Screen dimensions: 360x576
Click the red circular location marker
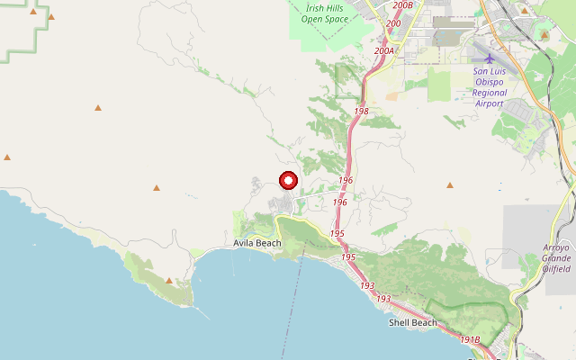click(288, 181)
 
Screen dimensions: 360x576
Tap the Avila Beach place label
click(253, 243)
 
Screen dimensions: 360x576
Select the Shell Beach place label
click(412, 322)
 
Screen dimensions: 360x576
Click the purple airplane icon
click(490, 58)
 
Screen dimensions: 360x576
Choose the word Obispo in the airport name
click(490, 81)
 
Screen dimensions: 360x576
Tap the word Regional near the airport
click(490, 92)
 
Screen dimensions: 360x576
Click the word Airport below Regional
click(490, 103)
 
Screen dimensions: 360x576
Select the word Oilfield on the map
click(557, 268)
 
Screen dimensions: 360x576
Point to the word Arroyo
click(557, 247)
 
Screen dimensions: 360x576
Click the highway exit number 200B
click(403, 5)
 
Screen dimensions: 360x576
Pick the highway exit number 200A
click(384, 51)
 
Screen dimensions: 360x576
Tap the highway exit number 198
click(362, 112)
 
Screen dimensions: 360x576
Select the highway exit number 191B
click(470, 339)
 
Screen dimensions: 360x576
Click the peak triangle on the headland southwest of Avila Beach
click(169, 281)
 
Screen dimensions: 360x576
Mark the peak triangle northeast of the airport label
click(544, 35)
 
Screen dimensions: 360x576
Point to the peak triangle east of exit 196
click(450, 185)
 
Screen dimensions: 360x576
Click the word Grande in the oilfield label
click(557, 257)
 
